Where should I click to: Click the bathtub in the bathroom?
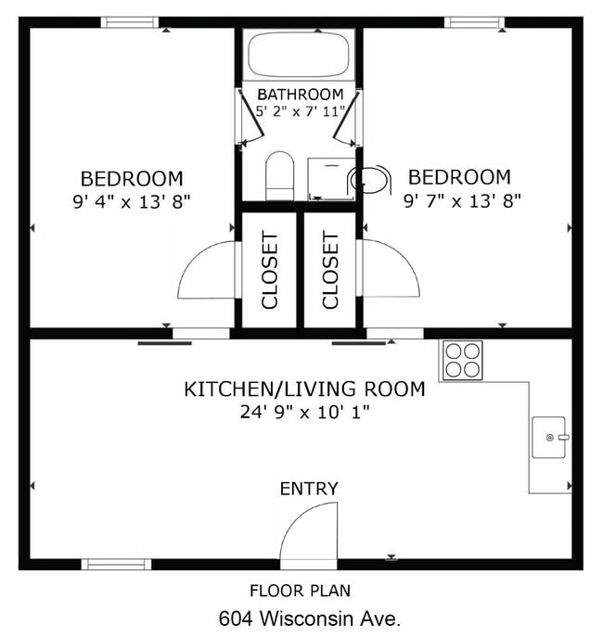tap(299, 56)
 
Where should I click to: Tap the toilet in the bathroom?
tap(279, 175)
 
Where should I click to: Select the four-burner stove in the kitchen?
tap(462, 360)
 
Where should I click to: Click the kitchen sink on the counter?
tap(550, 437)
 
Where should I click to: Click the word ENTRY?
tap(309, 489)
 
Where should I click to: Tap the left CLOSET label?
tap(270, 270)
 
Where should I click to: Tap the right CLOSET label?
tap(330, 270)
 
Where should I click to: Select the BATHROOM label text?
tap(300, 95)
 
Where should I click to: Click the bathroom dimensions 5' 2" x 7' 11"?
tap(301, 111)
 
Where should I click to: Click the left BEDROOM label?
tap(132, 178)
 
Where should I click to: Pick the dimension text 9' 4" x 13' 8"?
tap(132, 200)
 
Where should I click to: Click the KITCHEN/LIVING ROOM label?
tap(304, 389)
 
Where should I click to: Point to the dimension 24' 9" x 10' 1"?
tap(304, 412)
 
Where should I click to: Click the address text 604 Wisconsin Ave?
tap(310, 618)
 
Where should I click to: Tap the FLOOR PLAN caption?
tap(301, 591)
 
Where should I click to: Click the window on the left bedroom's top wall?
tap(130, 22)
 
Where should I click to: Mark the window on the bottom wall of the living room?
tap(116, 564)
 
